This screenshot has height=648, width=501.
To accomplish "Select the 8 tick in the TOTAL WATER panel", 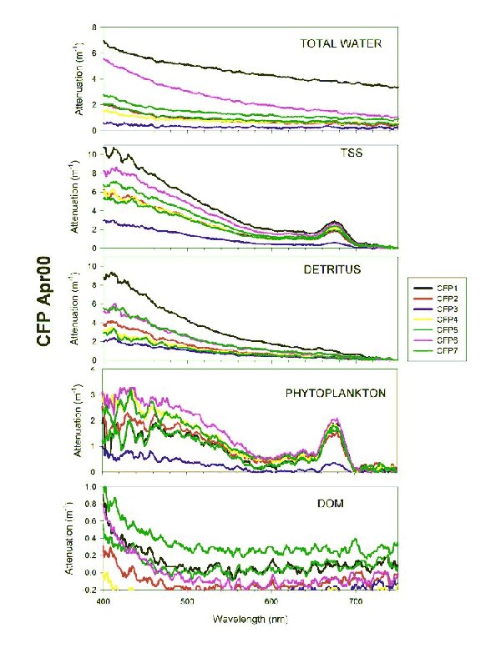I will (x=94, y=27).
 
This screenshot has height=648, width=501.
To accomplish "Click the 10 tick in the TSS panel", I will (x=93, y=154).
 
